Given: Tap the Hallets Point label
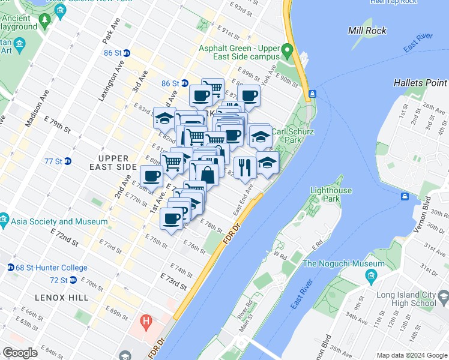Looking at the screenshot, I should click(420, 82).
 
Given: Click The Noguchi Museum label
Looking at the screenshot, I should click(343, 264).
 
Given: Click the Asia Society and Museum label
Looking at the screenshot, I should click(58, 221).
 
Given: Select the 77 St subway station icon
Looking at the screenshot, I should click(67, 161).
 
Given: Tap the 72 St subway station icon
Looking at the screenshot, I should click(73, 280).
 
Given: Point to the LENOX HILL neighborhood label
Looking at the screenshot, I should click(62, 298).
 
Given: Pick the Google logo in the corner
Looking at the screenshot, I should click(20, 353).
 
